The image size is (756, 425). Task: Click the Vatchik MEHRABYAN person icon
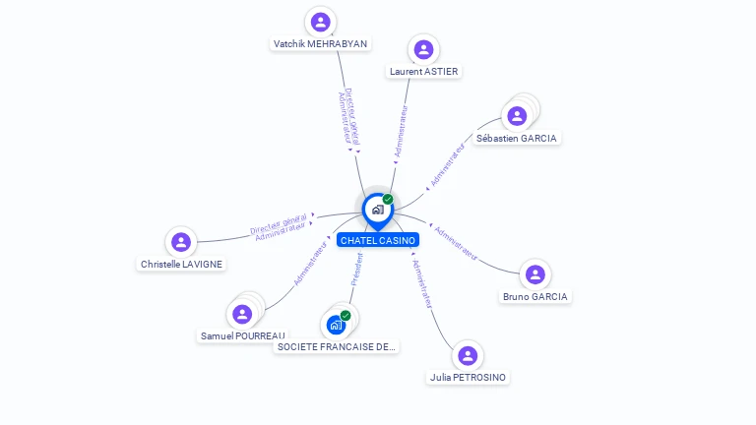[x=320, y=22]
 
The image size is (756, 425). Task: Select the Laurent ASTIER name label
[x=423, y=71]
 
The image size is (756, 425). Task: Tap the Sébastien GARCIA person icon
[x=517, y=116]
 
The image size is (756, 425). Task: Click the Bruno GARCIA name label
[x=535, y=296]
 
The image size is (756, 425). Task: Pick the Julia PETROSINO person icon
[x=468, y=355]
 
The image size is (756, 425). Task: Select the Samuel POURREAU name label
[x=242, y=335]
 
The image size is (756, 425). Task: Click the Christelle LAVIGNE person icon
[x=180, y=242]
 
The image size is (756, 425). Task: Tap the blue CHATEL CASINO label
[x=378, y=240]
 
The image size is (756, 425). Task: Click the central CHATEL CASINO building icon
[x=377, y=209]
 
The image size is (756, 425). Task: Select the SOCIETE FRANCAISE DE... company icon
[x=337, y=324]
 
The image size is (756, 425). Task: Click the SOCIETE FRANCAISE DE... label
[x=337, y=346]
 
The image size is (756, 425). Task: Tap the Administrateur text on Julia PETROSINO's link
[x=421, y=284]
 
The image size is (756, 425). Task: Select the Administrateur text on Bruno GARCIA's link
[x=457, y=244]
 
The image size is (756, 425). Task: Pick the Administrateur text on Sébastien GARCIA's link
[x=448, y=164]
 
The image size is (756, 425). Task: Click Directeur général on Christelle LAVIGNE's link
[x=278, y=223]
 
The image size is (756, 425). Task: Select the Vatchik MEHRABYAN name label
[x=320, y=44]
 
